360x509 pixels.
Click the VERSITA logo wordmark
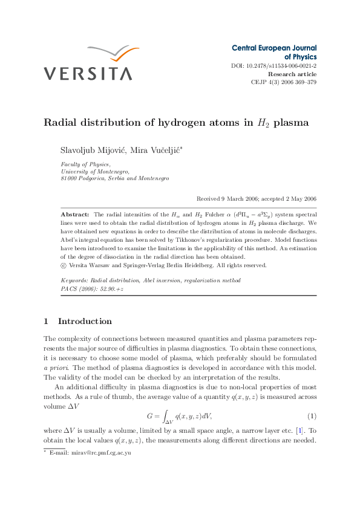tap(87, 74)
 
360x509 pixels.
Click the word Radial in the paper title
tap(61, 123)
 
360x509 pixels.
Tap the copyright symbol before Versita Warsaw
tap(64, 265)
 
